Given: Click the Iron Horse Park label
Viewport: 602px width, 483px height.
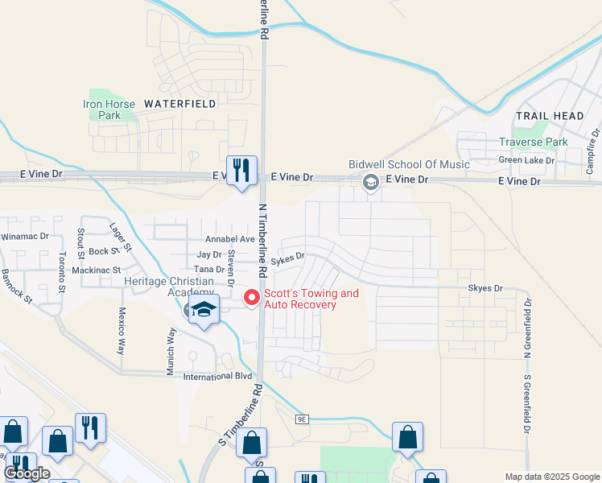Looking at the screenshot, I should tap(101, 109).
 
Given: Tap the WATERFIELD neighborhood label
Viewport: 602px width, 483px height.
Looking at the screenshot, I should tap(179, 104).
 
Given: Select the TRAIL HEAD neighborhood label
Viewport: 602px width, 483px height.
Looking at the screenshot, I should tap(550, 116).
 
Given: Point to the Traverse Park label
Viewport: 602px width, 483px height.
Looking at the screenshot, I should tap(533, 142).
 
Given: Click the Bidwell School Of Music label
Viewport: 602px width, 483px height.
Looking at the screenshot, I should tap(409, 164).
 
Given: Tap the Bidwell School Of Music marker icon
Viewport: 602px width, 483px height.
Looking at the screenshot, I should tap(370, 181).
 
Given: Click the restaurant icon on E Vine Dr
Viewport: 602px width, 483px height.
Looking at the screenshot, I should tap(241, 170).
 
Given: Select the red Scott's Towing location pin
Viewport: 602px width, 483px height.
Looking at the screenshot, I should tap(252, 297).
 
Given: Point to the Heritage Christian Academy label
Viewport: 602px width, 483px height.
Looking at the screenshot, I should tap(170, 286).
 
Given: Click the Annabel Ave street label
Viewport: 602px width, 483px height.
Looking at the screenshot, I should tap(230, 240).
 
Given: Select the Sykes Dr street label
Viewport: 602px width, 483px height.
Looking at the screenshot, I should tap(288, 258).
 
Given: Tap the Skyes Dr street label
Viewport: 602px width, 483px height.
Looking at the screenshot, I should tap(485, 287).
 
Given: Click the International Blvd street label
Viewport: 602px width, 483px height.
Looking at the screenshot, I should tap(218, 376).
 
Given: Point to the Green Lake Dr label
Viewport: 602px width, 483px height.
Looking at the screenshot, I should tap(527, 160).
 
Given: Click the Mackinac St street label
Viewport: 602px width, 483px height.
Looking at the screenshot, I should tap(96, 270).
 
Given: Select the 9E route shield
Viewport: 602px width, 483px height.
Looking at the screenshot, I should tap(302, 419).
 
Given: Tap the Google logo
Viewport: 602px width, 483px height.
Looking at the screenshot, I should tap(27, 473).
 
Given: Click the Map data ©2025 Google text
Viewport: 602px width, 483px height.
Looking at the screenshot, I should tap(551, 477).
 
